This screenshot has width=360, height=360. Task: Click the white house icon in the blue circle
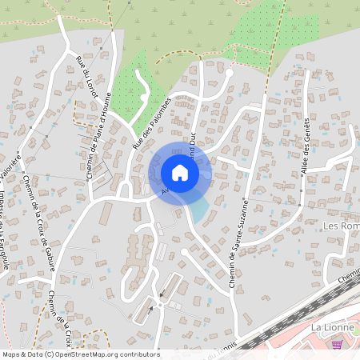coord(179,173)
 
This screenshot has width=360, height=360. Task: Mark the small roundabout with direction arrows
coord(161,304)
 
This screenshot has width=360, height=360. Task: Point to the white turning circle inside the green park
coord(144,97)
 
